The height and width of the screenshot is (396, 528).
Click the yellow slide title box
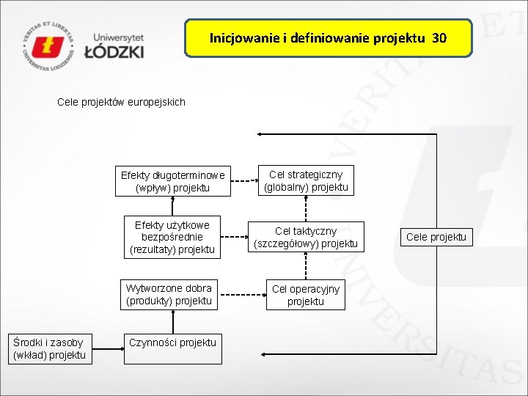328,38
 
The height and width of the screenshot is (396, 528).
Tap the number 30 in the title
439,37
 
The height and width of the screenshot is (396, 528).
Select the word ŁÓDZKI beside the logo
114,52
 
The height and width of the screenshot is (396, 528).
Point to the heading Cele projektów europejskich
121,102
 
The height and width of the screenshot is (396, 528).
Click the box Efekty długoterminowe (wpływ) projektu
173,181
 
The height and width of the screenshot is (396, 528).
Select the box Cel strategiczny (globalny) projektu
306,180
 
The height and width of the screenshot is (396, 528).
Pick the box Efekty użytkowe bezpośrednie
172,237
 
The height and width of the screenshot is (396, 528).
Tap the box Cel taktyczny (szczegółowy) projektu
306,237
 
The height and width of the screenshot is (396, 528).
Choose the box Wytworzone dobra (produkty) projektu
169,294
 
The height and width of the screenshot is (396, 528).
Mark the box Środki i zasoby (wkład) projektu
49,348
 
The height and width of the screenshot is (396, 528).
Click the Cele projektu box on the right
436,237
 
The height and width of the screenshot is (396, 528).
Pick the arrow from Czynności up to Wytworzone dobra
172,321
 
